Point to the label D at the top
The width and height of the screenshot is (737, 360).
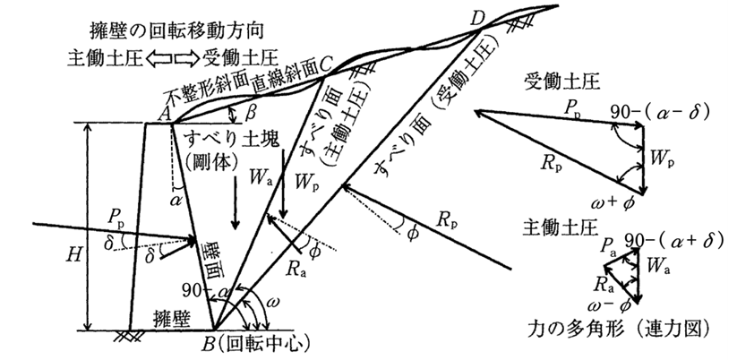point(476,17)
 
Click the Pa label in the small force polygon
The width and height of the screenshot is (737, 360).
point(610,246)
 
